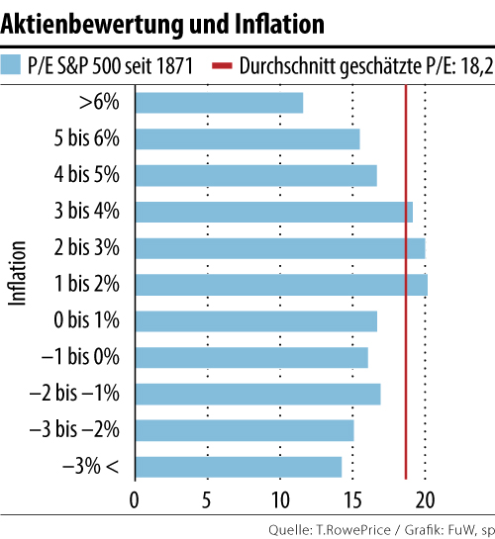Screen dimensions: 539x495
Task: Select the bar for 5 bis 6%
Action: point(247,138)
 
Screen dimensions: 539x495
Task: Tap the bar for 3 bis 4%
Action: point(273,212)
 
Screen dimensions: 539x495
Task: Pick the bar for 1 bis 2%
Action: point(280,284)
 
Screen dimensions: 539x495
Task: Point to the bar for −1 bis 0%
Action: point(250,357)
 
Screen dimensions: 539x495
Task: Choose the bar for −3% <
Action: point(238,466)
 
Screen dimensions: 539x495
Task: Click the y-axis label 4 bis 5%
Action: point(87,174)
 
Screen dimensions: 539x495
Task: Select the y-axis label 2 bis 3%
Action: point(87,247)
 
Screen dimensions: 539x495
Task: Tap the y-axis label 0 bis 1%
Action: point(87,320)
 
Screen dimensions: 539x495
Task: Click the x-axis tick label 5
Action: point(207,497)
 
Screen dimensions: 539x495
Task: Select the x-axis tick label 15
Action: point(352,497)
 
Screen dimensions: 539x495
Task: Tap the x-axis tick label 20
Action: point(425,497)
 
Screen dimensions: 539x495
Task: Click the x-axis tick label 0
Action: point(135,497)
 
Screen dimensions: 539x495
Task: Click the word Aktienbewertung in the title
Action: point(79,20)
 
